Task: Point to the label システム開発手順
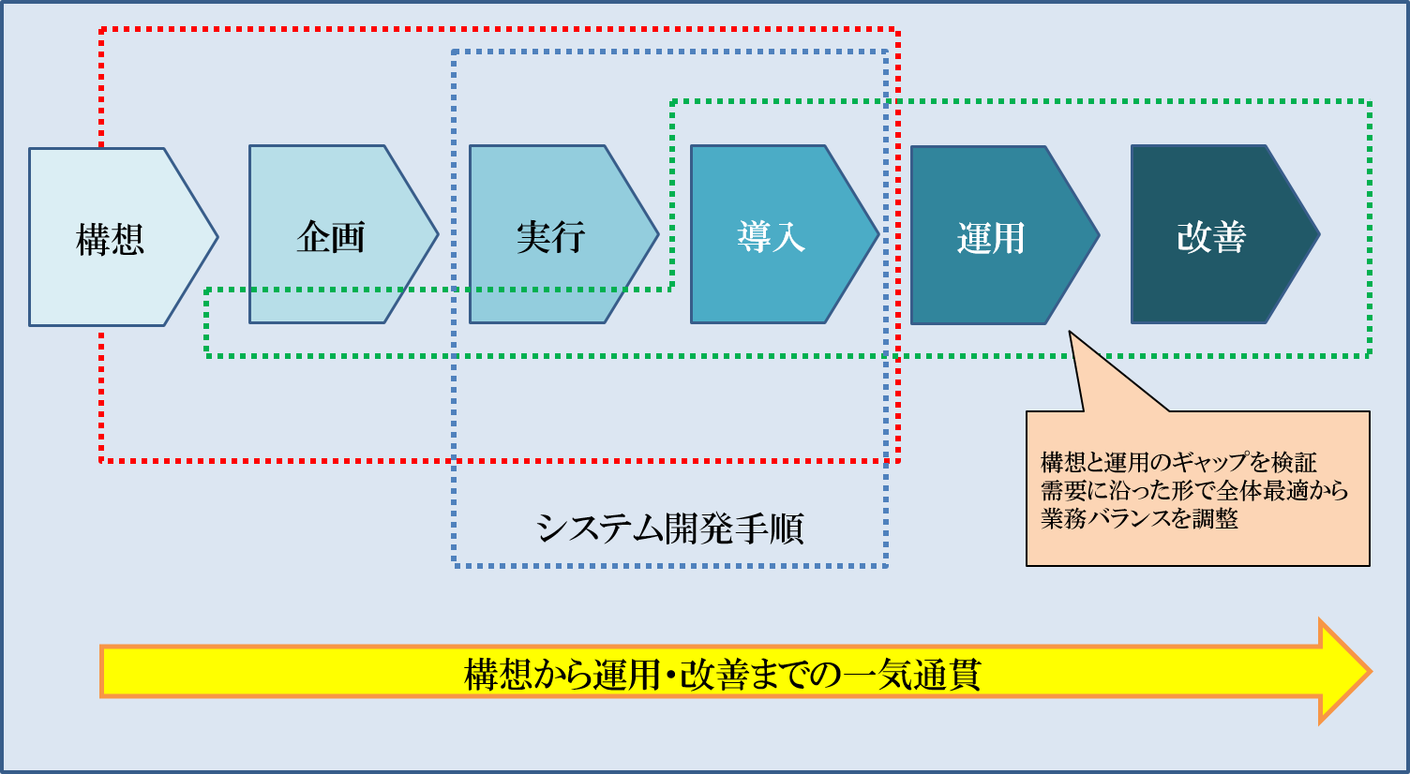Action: [x=669, y=528]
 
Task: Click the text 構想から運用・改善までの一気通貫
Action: [x=722, y=675]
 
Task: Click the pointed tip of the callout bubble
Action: [x=1070, y=333]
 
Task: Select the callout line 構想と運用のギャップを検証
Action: [x=1178, y=463]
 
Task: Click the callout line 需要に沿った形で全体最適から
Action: [x=1194, y=490]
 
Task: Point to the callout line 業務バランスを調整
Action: [x=1139, y=518]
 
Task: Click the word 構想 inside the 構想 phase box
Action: [x=111, y=239]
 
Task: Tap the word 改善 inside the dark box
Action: [x=1211, y=237]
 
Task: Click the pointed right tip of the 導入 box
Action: [x=878, y=234]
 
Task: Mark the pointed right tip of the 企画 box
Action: [x=438, y=234]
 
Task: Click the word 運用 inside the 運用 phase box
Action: [x=992, y=238]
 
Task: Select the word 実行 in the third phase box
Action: [x=551, y=237]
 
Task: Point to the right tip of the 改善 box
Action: [x=1319, y=234]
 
